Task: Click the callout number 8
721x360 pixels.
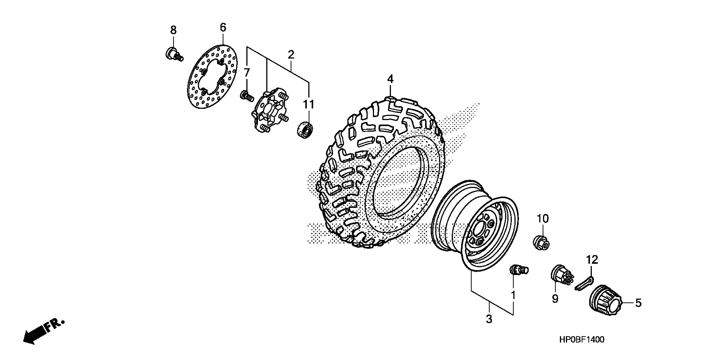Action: [174, 30]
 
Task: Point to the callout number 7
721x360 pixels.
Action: [246, 73]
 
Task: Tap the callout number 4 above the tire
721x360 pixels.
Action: [390, 79]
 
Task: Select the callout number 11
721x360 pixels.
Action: [308, 105]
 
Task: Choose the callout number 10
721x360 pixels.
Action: [543, 219]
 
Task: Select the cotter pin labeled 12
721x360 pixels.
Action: [584, 283]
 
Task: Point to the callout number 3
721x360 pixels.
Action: [489, 319]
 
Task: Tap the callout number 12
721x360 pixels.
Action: [592, 260]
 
